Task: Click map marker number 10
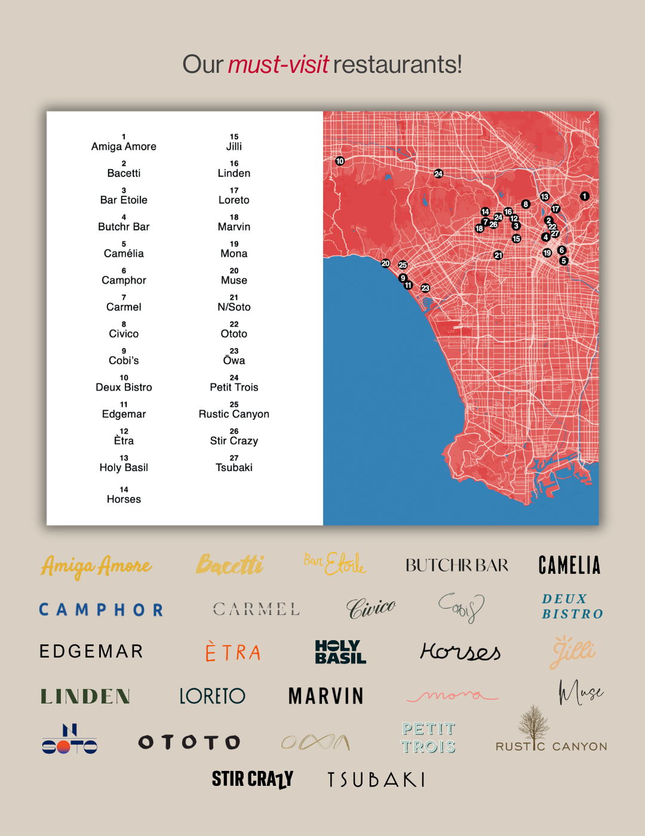[x=340, y=161]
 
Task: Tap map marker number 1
[x=585, y=196]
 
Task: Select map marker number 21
[x=498, y=256]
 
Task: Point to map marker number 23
[x=425, y=288]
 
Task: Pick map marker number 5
[x=564, y=261]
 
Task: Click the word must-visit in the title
[x=278, y=64]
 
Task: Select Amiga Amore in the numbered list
[x=124, y=147]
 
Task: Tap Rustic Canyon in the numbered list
[x=234, y=414]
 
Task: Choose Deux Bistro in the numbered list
[x=124, y=388]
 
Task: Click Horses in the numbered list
[x=124, y=499]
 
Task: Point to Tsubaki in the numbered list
[x=234, y=468]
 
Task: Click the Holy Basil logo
[x=340, y=652]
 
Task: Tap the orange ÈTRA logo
[x=233, y=652]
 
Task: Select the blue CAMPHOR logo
[x=101, y=610]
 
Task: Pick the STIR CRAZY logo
[x=253, y=779]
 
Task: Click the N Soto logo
[x=70, y=740]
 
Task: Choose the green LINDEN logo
[x=85, y=696]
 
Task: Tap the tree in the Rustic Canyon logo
[x=533, y=723]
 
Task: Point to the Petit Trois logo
[x=428, y=737]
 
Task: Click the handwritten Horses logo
[x=460, y=651]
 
